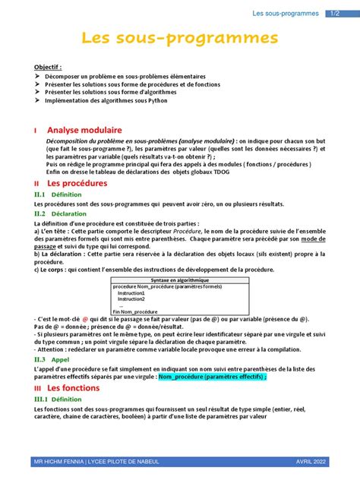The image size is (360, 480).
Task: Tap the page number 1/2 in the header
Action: [x=335, y=13]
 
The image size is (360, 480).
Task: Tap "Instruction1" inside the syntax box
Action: [x=131, y=292]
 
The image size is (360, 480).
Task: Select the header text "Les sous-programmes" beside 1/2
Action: [x=286, y=13]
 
